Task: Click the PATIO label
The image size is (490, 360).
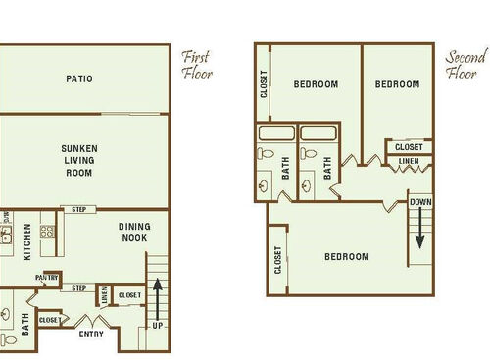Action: (x=79, y=79)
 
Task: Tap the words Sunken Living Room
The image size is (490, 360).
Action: (x=78, y=161)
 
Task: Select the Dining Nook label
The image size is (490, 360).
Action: (x=134, y=231)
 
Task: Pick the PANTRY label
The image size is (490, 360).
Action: (x=47, y=278)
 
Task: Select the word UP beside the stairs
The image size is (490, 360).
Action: (x=157, y=326)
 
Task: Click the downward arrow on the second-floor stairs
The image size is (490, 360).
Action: (x=420, y=230)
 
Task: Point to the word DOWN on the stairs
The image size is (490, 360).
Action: (x=419, y=202)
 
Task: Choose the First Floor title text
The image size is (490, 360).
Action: (x=197, y=64)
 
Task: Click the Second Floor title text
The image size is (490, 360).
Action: (x=465, y=64)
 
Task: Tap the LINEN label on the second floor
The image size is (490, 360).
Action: (x=409, y=162)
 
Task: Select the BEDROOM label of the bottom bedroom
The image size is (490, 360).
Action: (x=347, y=257)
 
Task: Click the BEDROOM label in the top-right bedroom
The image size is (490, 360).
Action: (x=397, y=84)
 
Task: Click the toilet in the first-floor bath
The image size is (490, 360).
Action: (x=5, y=317)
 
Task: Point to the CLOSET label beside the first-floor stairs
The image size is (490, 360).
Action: (x=128, y=294)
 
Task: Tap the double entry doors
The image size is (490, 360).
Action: (x=91, y=320)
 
